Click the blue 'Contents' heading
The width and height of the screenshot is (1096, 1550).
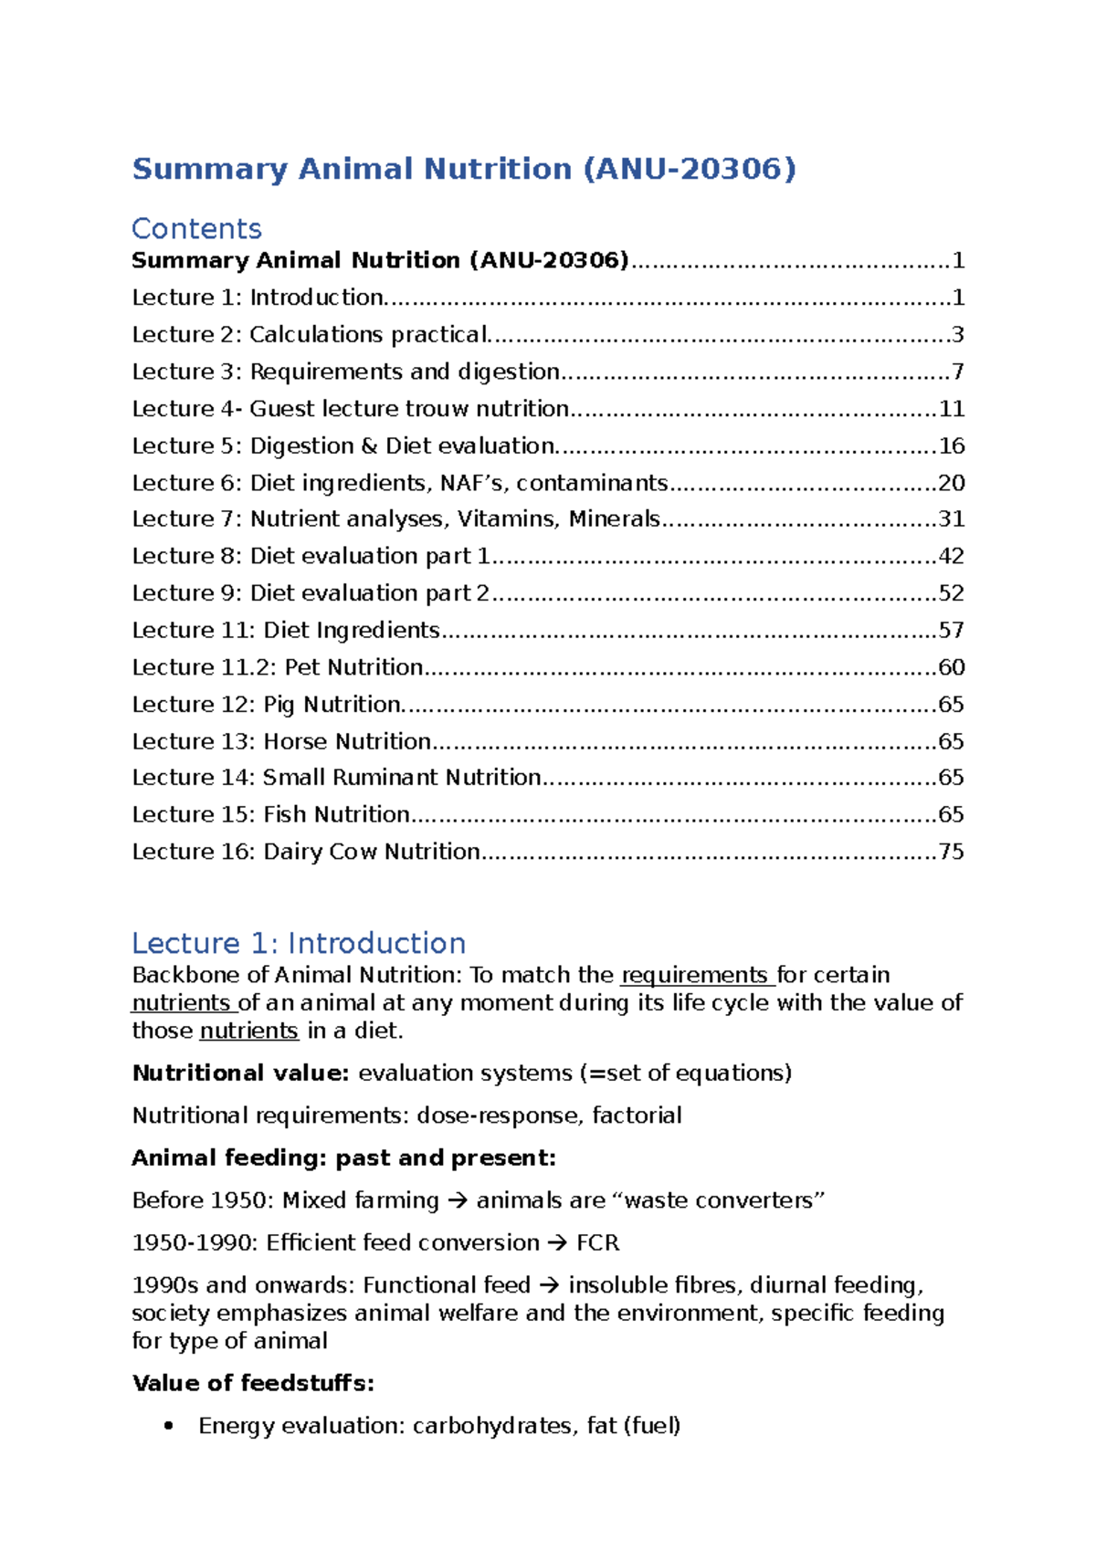coord(196,228)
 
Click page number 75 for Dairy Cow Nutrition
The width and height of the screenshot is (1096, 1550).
coord(951,852)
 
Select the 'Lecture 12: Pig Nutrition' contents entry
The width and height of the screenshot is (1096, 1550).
coord(267,705)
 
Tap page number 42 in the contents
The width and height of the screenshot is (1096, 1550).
coord(951,556)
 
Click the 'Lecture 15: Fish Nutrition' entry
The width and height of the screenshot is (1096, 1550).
coord(270,814)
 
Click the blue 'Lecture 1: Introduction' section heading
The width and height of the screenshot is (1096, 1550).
coord(299,943)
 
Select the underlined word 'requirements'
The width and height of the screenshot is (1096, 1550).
coord(694,976)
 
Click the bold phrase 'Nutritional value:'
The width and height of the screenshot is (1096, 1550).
coord(240,1073)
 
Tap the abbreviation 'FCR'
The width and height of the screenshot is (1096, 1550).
coord(597,1243)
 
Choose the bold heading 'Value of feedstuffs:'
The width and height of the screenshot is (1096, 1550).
coord(253,1384)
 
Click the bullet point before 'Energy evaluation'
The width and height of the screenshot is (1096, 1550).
coord(167,1427)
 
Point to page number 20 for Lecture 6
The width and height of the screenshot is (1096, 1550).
coord(951,483)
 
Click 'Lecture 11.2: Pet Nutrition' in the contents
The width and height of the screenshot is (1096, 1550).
coord(278,667)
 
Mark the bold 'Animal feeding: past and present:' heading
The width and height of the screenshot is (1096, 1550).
coord(343,1158)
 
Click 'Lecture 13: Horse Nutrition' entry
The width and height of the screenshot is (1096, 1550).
coord(281,741)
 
